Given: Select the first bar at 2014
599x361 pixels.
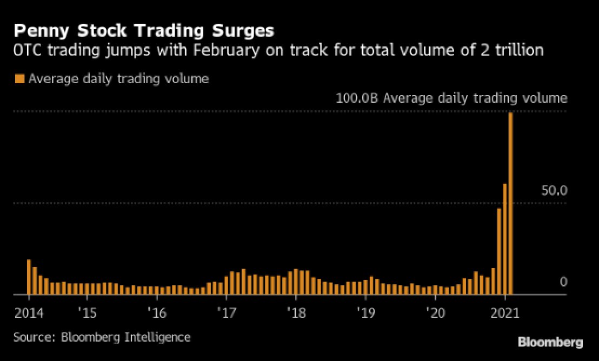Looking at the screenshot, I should point(29,277).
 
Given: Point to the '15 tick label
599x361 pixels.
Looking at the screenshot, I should point(87,312).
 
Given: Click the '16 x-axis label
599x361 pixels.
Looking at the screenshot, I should point(157,312).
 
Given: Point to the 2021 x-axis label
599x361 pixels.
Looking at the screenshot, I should point(505,312).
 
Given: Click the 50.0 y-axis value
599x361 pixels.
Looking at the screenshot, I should point(554,190).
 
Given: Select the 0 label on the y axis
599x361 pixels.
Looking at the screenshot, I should point(563,282).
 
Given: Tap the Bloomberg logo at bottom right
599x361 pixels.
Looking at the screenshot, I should point(550,342).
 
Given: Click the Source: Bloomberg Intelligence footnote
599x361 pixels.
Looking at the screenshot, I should point(102,337).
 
